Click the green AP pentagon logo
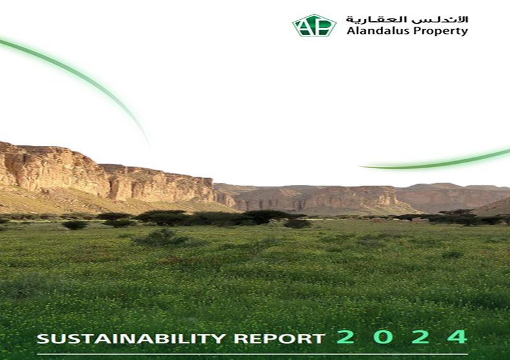pyautogui.click(x=314, y=25)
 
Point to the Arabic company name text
pyautogui.click(x=407, y=18)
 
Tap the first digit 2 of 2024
pyautogui.click(x=345, y=337)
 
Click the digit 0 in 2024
pyautogui.click(x=382, y=337)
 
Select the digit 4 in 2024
pyautogui.click(x=456, y=337)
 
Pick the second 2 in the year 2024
pyautogui.click(x=420, y=337)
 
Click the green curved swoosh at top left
pyautogui.click(x=76, y=73)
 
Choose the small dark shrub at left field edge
pyautogui.click(x=75, y=225)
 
